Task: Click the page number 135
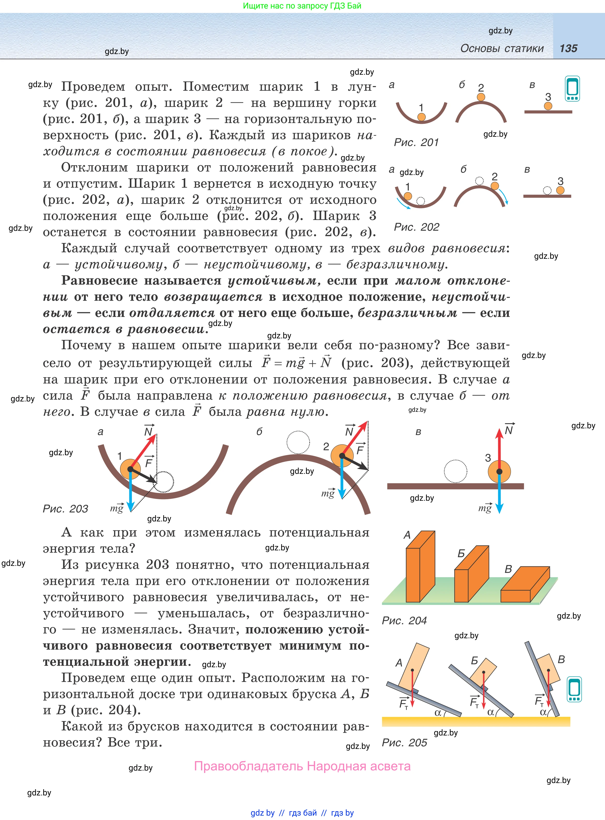point(568,48)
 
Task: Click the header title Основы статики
point(502,48)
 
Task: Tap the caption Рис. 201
point(416,142)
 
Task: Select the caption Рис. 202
point(416,227)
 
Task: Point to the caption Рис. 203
point(65,508)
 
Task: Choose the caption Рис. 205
point(404,742)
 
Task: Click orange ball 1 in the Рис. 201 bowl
point(422,117)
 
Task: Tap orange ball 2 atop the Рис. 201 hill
point(481,97)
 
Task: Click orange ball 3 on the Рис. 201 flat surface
point(548,106)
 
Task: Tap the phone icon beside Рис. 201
point(572,89)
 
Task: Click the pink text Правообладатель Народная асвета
point(302,766)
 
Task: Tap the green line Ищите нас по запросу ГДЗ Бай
point(302,6)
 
